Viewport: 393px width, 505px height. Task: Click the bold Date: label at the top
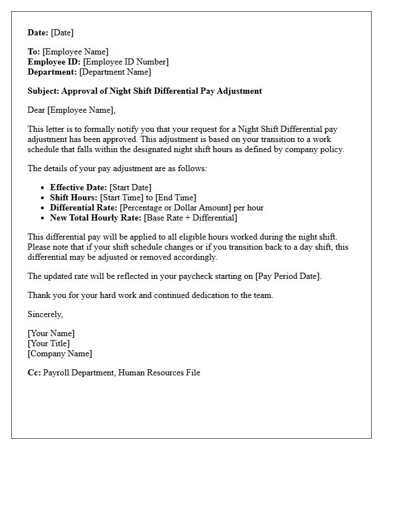(x=38, y=33)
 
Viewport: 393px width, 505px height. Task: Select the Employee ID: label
(x=54, y=62)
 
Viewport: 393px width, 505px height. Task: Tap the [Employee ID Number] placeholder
(x=126, y=62)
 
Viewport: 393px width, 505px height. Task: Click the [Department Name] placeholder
(x=115, y=72)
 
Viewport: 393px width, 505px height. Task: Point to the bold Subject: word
(x=43, y=91)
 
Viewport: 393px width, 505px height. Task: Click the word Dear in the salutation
(x=36, y=110)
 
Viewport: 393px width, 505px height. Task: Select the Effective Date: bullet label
(x=78, y=187)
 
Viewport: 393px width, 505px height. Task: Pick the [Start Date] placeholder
(x=130, y=187)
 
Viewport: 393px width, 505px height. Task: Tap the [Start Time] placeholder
(x=121, y=198)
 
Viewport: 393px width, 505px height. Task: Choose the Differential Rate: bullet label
(x=84, y=208)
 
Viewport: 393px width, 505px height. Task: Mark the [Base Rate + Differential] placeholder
(x=190, y=218)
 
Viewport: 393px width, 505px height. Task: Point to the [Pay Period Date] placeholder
(x=288, y=276)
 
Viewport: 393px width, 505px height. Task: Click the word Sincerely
(x=45, y=314)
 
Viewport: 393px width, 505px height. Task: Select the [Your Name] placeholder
(x=51, y=333)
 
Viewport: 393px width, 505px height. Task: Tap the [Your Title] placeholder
(x=49, y=343)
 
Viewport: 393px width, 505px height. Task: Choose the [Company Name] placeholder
(x=60, y=353)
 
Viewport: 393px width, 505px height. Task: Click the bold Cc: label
(x=34, y=373)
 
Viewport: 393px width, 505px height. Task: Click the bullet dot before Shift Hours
(x=43, y=198)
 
